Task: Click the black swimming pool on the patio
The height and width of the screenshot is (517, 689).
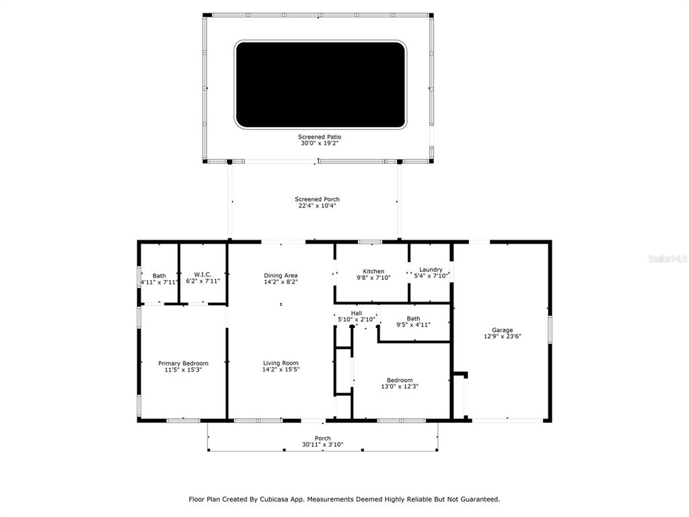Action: (x=320, y=85)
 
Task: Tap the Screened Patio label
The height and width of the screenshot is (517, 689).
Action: (x=320, y=137)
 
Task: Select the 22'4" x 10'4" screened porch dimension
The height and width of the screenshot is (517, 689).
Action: (x=318, y=206)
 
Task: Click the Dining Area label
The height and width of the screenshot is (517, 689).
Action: (x=281, y=275)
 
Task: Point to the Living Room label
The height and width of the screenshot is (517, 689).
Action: (x=281, y=363)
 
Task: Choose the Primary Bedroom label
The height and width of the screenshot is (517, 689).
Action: (x=183, y=363)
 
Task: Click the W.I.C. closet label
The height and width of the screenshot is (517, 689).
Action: (x=203, y=275)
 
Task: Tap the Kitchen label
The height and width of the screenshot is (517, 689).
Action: (x=373, y=271)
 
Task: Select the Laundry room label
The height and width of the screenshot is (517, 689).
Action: (x=431, y=269)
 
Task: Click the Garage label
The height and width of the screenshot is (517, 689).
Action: (x=502, y=330)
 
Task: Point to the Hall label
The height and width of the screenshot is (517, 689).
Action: (x=357, y=313)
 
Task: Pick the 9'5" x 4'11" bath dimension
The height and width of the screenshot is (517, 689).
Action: (x=413, y=325)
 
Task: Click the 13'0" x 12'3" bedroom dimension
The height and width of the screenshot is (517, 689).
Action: (x=400, y=386)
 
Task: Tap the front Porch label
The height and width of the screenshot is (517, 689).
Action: (x=322, y=438)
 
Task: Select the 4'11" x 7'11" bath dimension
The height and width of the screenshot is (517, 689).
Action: (x=159, y=282)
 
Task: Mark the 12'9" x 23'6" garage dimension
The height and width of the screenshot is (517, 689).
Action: (x=502, y=337)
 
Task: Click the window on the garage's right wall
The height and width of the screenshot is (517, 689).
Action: (x=549, y=329)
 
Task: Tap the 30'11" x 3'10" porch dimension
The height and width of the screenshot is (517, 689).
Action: (x=322, y=445)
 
